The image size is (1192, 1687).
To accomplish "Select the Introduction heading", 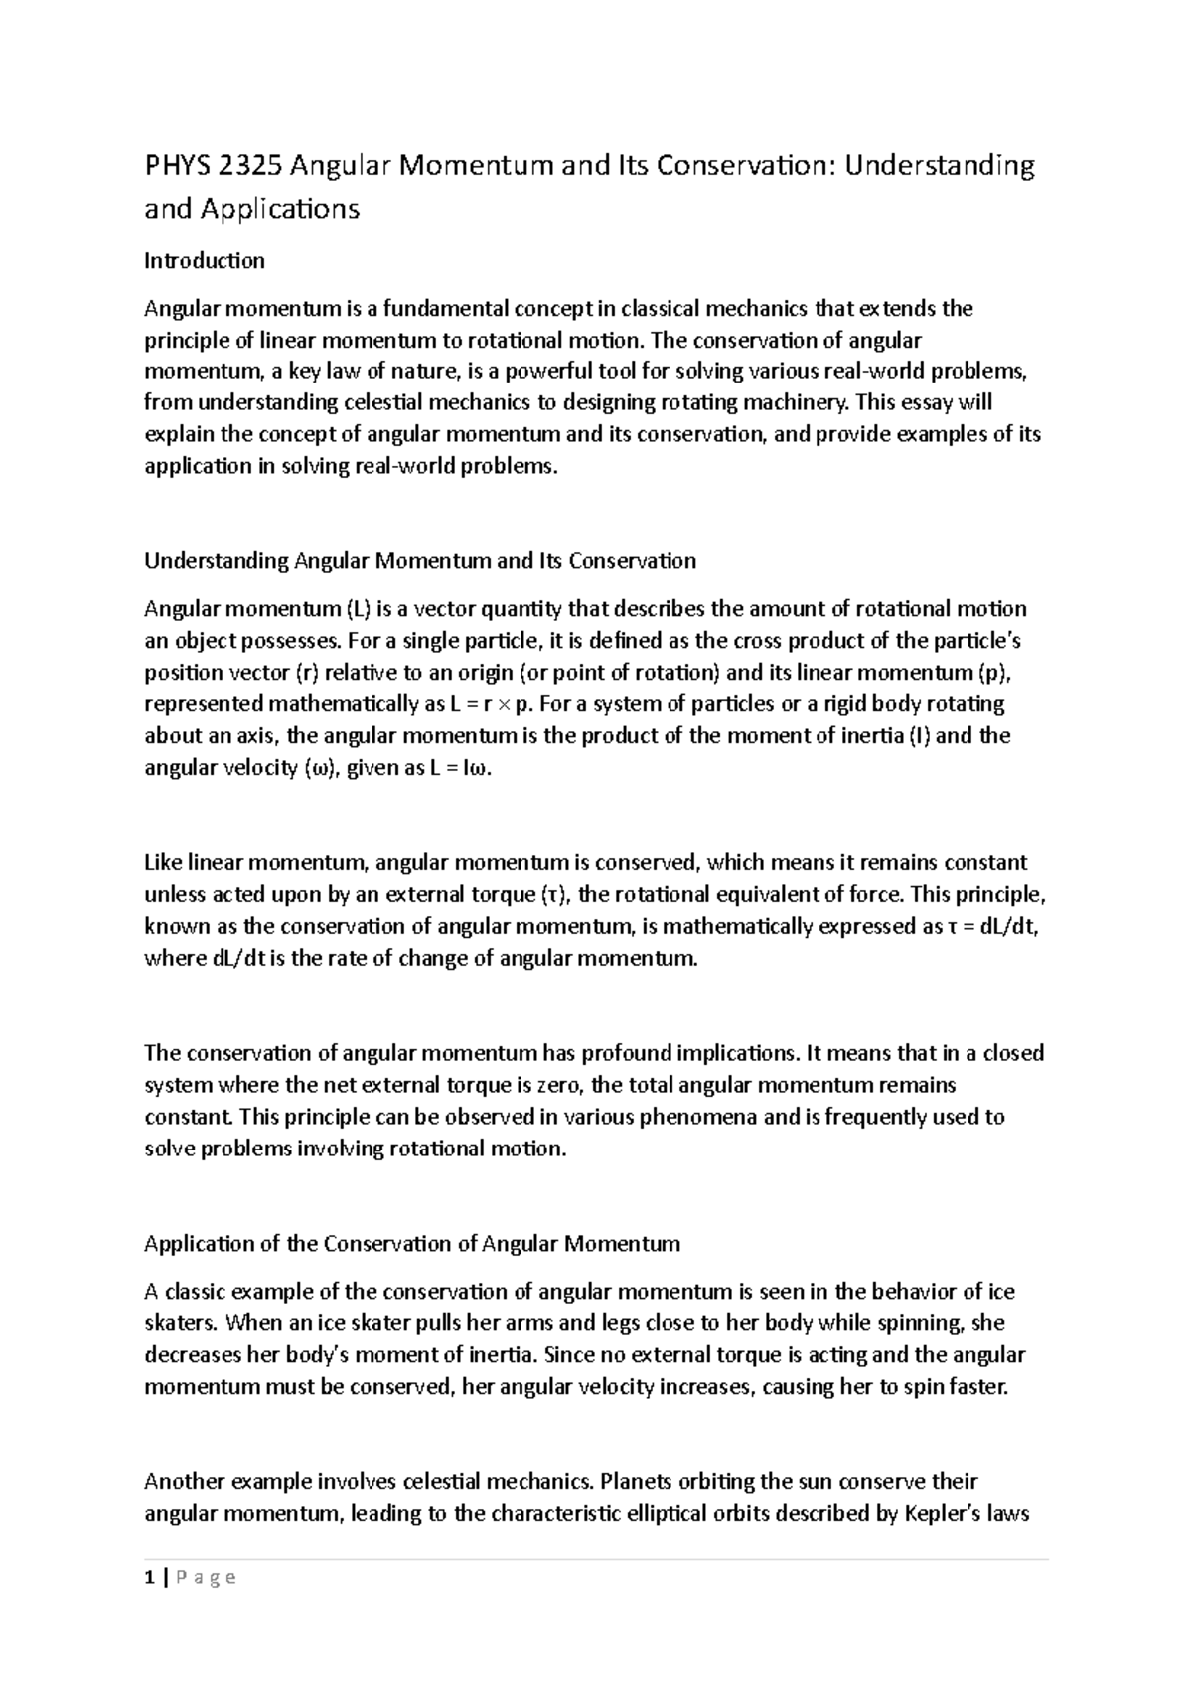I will (x=205, y=261).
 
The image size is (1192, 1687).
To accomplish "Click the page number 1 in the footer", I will (x=149, y=1578).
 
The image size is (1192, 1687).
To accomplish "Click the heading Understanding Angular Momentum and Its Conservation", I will (x=420, y=561).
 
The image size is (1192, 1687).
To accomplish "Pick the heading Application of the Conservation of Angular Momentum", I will (x=412, y=1244).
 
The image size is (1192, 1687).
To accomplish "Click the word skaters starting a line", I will (x=180, y=1323).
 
